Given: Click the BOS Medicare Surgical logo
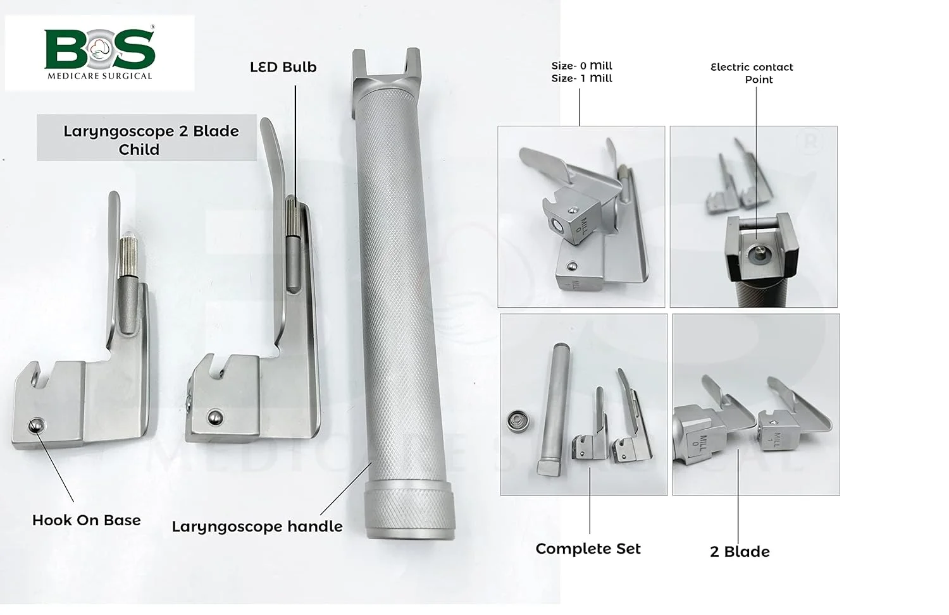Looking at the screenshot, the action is tap(100, 53).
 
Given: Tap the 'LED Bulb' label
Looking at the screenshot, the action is tap(283, 67).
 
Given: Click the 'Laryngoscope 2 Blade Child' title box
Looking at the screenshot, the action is tap(147, 138).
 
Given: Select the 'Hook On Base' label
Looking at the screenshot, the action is tap(87, 520).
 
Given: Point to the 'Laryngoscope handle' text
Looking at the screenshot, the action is tap(257, 527).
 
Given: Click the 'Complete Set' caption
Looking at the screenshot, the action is tap(588, 549).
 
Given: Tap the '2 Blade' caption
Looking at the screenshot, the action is tap(740, 552).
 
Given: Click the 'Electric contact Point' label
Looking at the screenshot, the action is tap(752, 73).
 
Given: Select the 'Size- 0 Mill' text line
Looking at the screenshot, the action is tap(581, 66).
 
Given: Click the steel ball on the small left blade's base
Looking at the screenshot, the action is tap(35, 425).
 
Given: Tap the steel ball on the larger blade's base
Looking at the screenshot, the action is tap(216, 417).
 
